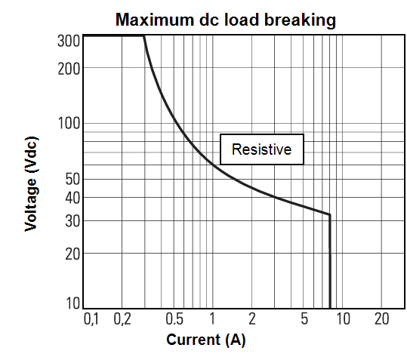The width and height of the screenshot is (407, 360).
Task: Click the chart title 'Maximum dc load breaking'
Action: coord(226,20)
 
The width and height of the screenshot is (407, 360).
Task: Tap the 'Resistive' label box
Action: coord(262,149)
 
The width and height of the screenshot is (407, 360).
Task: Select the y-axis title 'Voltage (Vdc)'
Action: coord(31,184)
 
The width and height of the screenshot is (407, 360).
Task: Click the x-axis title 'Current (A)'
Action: coord(206,340)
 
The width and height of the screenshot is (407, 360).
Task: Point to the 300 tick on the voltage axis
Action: coord(69,41)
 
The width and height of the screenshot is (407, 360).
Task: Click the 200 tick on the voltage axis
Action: coord(69,69)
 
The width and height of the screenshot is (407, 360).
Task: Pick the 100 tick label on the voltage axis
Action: coord(69,123)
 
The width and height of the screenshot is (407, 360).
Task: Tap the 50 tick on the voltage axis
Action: coord(72,179)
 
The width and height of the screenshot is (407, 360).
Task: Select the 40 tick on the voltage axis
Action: coord(72,198)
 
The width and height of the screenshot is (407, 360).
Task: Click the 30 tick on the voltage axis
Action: coord(72,221)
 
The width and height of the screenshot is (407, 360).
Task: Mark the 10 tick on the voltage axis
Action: coord(73,303)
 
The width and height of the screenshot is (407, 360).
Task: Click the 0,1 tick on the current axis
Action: coord(91,318)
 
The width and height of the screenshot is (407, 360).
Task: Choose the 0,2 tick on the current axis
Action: coord(122,318)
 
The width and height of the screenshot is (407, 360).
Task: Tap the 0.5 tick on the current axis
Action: coord(174,318)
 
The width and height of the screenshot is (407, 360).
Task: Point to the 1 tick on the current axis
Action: coord(212,318)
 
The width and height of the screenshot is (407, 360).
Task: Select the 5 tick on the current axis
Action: coord(304,318)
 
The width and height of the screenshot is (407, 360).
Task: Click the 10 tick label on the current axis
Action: coord(343,318)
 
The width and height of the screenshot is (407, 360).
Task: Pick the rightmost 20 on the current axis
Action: coord(382,318)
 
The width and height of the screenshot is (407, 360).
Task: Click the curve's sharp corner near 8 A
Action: coord(330,214)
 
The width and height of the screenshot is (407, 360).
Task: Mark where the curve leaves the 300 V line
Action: coord(143,35)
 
